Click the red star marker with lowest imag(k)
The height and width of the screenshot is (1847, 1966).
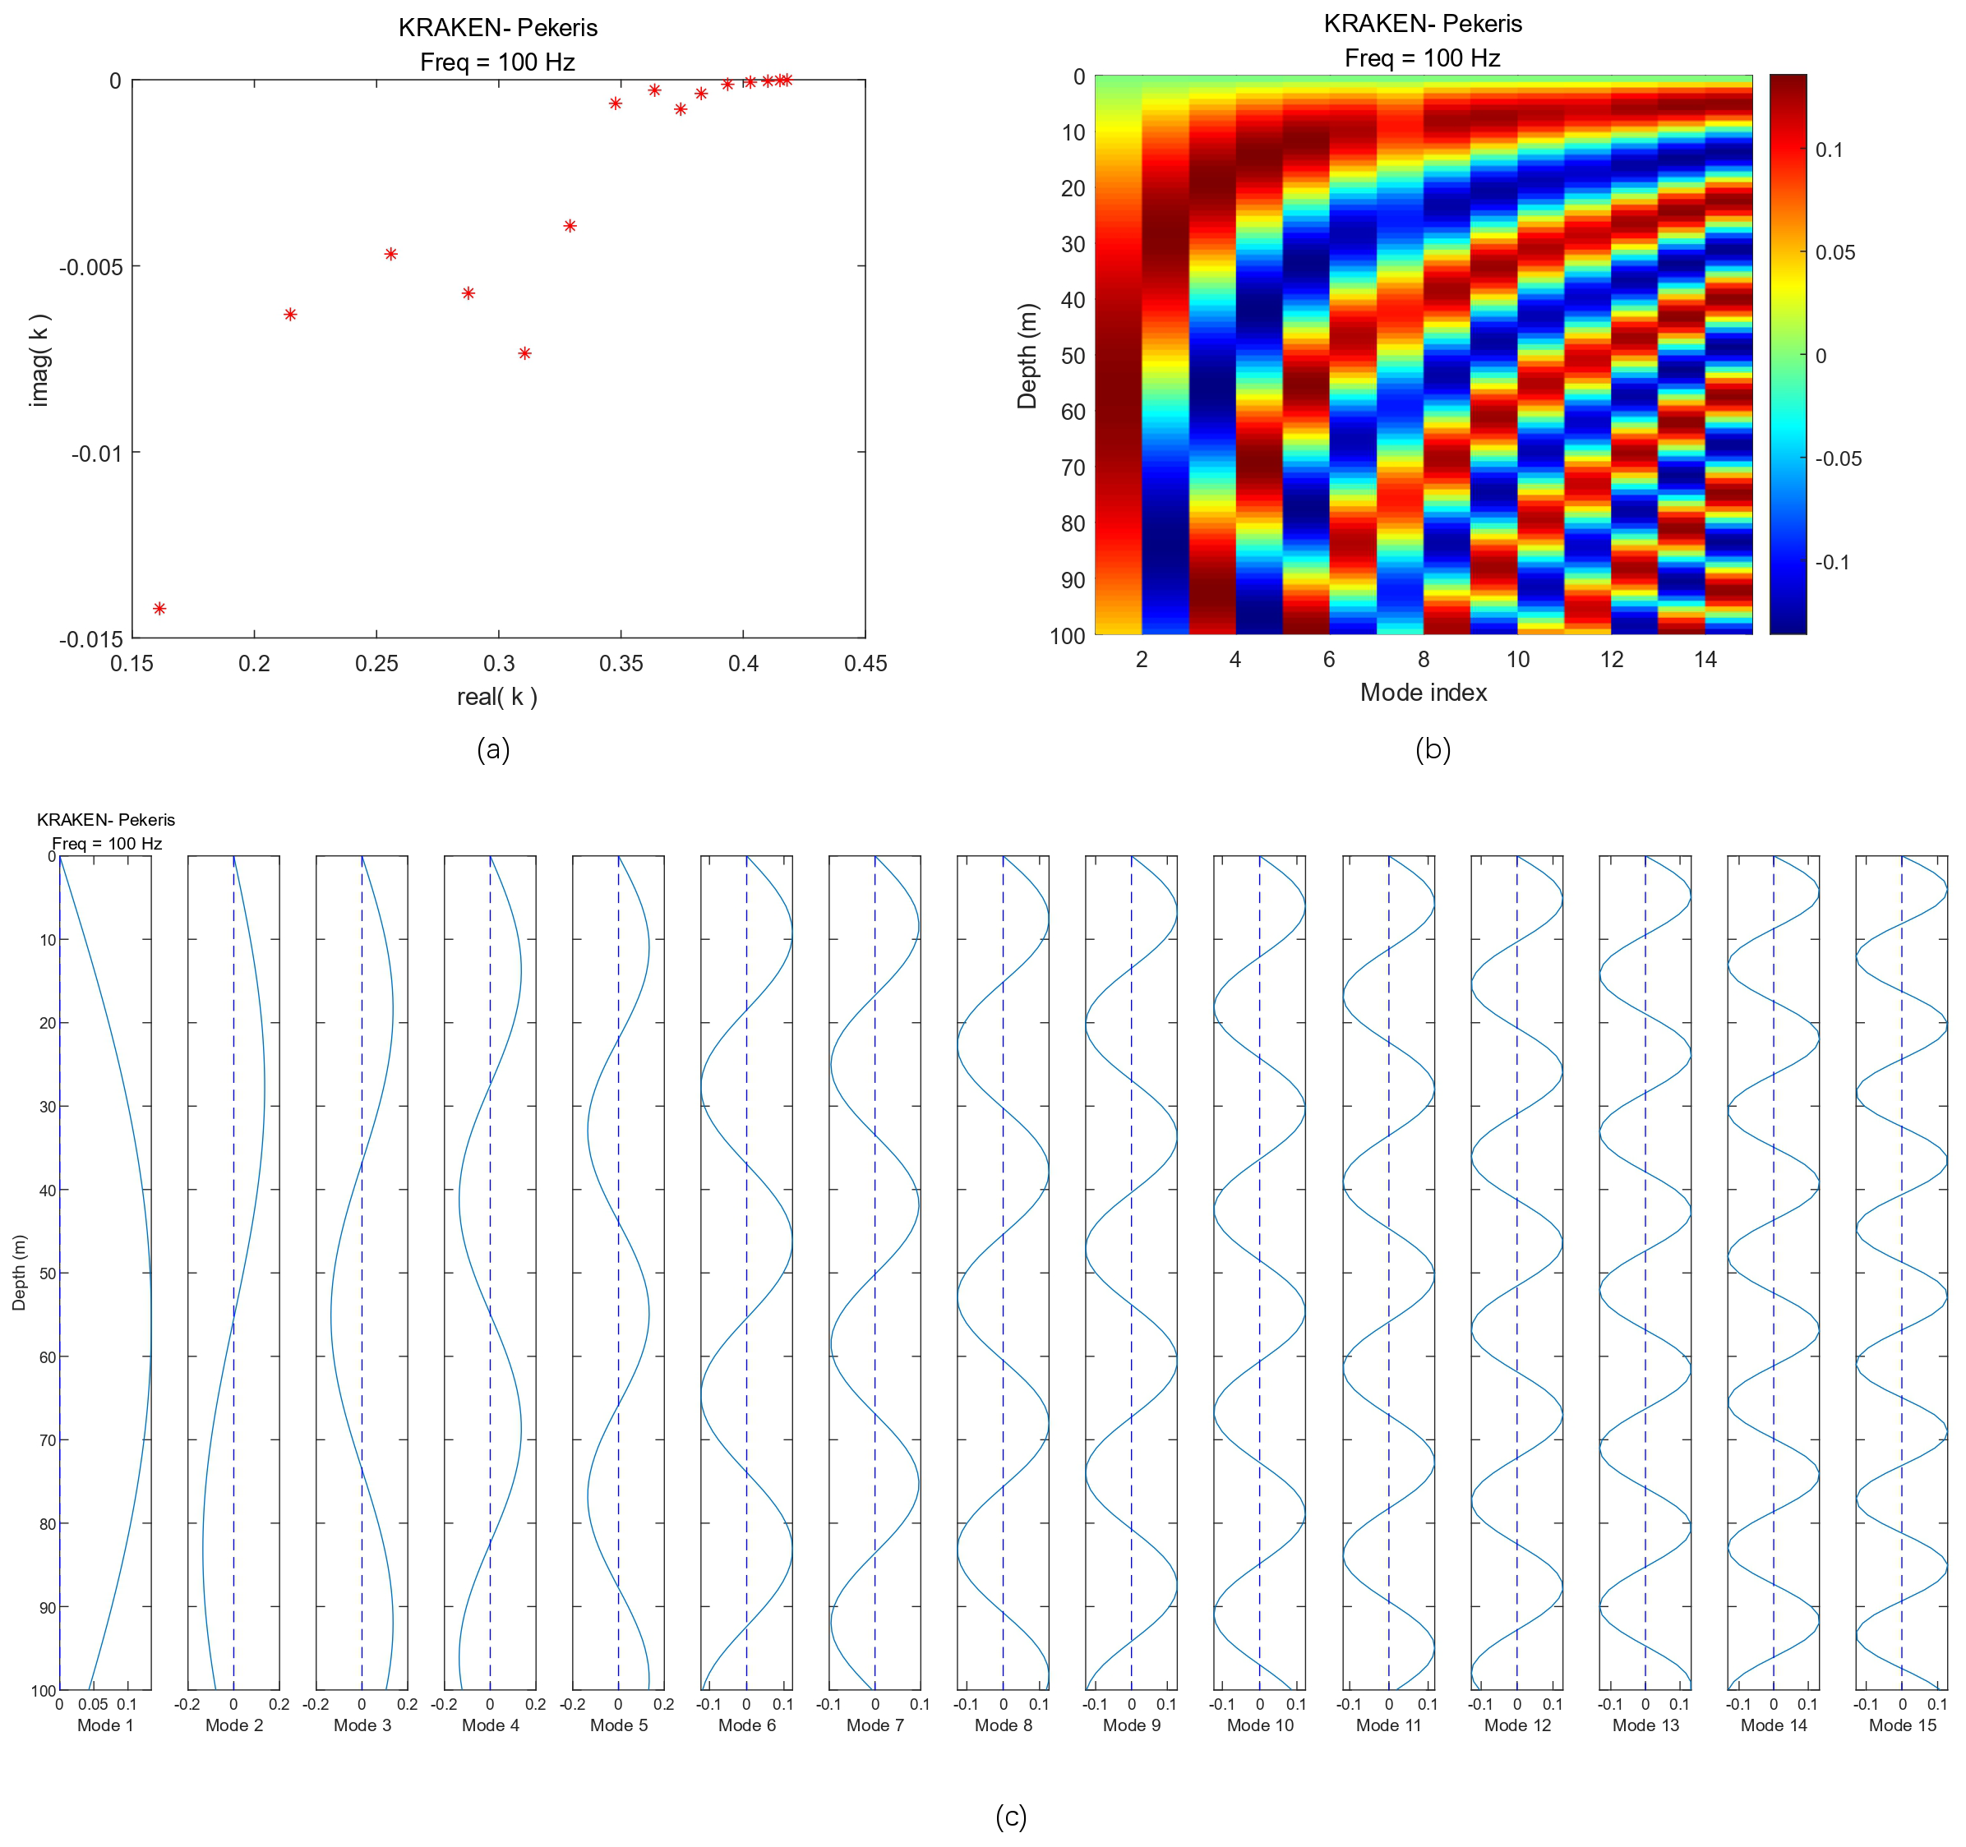(159, 608)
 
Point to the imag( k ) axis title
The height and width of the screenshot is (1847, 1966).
(39, 360)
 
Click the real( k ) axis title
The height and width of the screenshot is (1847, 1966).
(496, 697)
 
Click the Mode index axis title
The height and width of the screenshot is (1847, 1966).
(1423, 692)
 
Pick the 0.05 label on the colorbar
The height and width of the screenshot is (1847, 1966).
(1835, 253)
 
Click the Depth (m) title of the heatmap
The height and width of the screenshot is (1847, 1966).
(1027, 356)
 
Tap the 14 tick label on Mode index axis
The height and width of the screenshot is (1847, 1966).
(1705, 660)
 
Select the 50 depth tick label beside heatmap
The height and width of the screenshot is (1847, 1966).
(1072, 356)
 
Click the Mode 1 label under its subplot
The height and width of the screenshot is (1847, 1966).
(105, 1725)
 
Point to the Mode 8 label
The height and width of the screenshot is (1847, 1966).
(1003, 1725)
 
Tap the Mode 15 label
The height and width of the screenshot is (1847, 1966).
(1902, 1725)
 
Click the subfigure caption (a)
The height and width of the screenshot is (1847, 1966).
(493, 749)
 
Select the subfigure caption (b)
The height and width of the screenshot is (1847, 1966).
(1433, 749)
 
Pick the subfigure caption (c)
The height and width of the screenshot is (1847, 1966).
(1011, 1817)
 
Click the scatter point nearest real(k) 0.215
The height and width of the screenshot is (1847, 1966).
(290, 315)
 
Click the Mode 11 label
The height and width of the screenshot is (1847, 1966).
(1388, 1725)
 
